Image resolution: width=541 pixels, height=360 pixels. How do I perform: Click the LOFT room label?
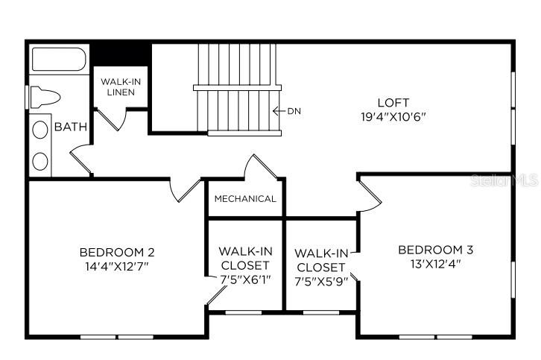393,103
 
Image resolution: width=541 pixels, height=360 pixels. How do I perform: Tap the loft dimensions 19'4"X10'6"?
393,116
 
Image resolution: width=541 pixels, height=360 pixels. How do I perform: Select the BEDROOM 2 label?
118,251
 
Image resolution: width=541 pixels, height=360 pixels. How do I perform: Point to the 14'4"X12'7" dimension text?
118,265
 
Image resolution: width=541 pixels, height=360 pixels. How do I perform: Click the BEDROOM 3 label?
435,250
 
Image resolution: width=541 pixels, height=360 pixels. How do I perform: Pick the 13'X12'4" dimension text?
435,263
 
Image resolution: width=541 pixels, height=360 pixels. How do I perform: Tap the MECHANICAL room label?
245,199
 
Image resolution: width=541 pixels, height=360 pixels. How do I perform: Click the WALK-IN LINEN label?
118,86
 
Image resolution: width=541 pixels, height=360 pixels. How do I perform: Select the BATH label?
71,127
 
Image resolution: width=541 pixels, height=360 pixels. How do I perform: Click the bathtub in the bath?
60,60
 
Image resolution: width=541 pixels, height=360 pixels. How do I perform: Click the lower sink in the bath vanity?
40,160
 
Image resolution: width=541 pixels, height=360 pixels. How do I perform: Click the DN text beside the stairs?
295,112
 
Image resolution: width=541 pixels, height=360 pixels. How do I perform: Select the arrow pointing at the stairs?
279,112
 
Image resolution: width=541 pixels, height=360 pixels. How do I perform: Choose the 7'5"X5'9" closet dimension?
320,281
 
